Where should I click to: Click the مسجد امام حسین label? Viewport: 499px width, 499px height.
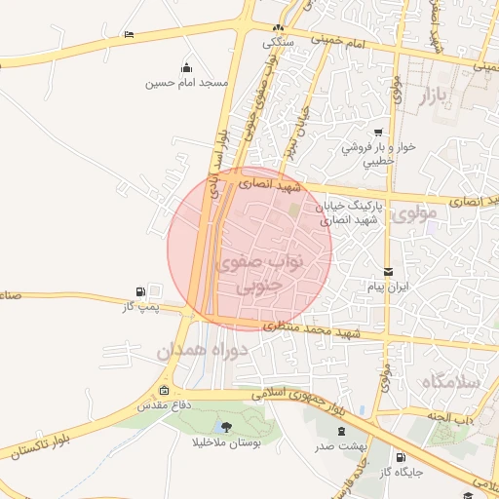click(x=186, y=84)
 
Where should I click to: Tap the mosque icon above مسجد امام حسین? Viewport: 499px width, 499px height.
click(x=186, y=67)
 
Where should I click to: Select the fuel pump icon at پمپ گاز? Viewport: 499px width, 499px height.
click(x=142, y=291)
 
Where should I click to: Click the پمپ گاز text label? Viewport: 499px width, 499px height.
click(x=139, y=308)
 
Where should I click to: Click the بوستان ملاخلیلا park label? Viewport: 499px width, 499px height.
click(x=226, y=442)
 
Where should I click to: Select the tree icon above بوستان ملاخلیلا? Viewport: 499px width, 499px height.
click(x=226, y=427)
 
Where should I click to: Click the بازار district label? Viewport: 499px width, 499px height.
click(x=438, y=96)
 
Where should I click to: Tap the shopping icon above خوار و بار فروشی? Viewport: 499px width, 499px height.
click(x=376, y=134)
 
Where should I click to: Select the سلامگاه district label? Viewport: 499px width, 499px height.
click(x=451, y=382)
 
